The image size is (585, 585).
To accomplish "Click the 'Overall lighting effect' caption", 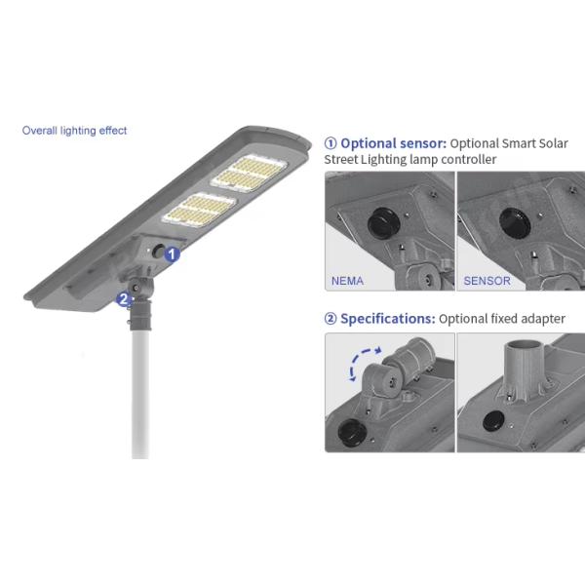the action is click(x=74, y=131).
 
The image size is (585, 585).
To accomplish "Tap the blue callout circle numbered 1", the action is click(x=172, y=254).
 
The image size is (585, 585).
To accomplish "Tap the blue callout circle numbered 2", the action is click(x=124, y=299).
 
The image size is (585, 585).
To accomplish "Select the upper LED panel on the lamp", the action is click(x=250, y=174).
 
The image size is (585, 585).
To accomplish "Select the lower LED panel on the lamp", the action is click(x=199, y=211).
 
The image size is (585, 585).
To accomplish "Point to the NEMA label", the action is click(x=347, y=281).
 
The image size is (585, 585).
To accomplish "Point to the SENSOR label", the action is click(x=487, y=281).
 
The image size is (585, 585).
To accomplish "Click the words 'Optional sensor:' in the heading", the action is click(x=393, y=143).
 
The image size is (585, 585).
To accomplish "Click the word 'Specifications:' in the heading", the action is click(x=388, y=319).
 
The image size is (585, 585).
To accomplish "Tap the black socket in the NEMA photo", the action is click(x=384, y=221).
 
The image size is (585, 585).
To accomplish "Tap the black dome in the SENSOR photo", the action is click(x=515, y=222).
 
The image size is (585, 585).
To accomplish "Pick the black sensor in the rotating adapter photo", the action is click(x=352, y=432).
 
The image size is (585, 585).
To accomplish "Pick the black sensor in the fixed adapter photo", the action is click(x=493, y=420).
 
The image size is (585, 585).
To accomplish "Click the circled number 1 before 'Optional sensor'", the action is click(x=331, y=143).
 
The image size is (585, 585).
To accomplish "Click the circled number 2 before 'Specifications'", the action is click(x=331, y=319).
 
